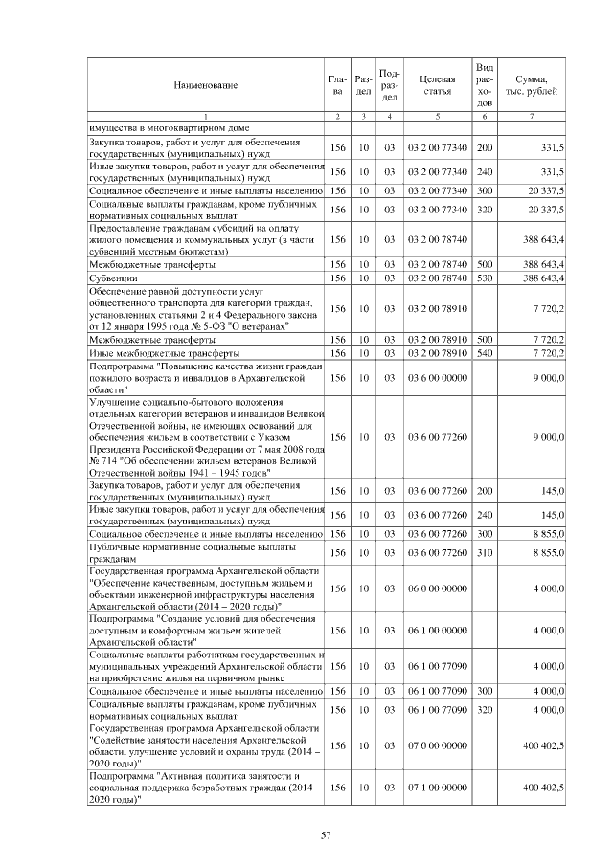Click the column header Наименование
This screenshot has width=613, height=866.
[x=205, y=85]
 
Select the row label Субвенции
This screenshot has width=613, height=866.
[x=112, y=278]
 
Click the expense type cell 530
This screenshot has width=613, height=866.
[x=485, y=278]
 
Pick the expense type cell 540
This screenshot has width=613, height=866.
[x=485, y=353]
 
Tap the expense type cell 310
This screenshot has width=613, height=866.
[x=485, y=552]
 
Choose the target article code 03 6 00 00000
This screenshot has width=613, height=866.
[x=436, y=378]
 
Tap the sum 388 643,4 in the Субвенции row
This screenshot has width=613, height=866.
[x=542, y=278]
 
